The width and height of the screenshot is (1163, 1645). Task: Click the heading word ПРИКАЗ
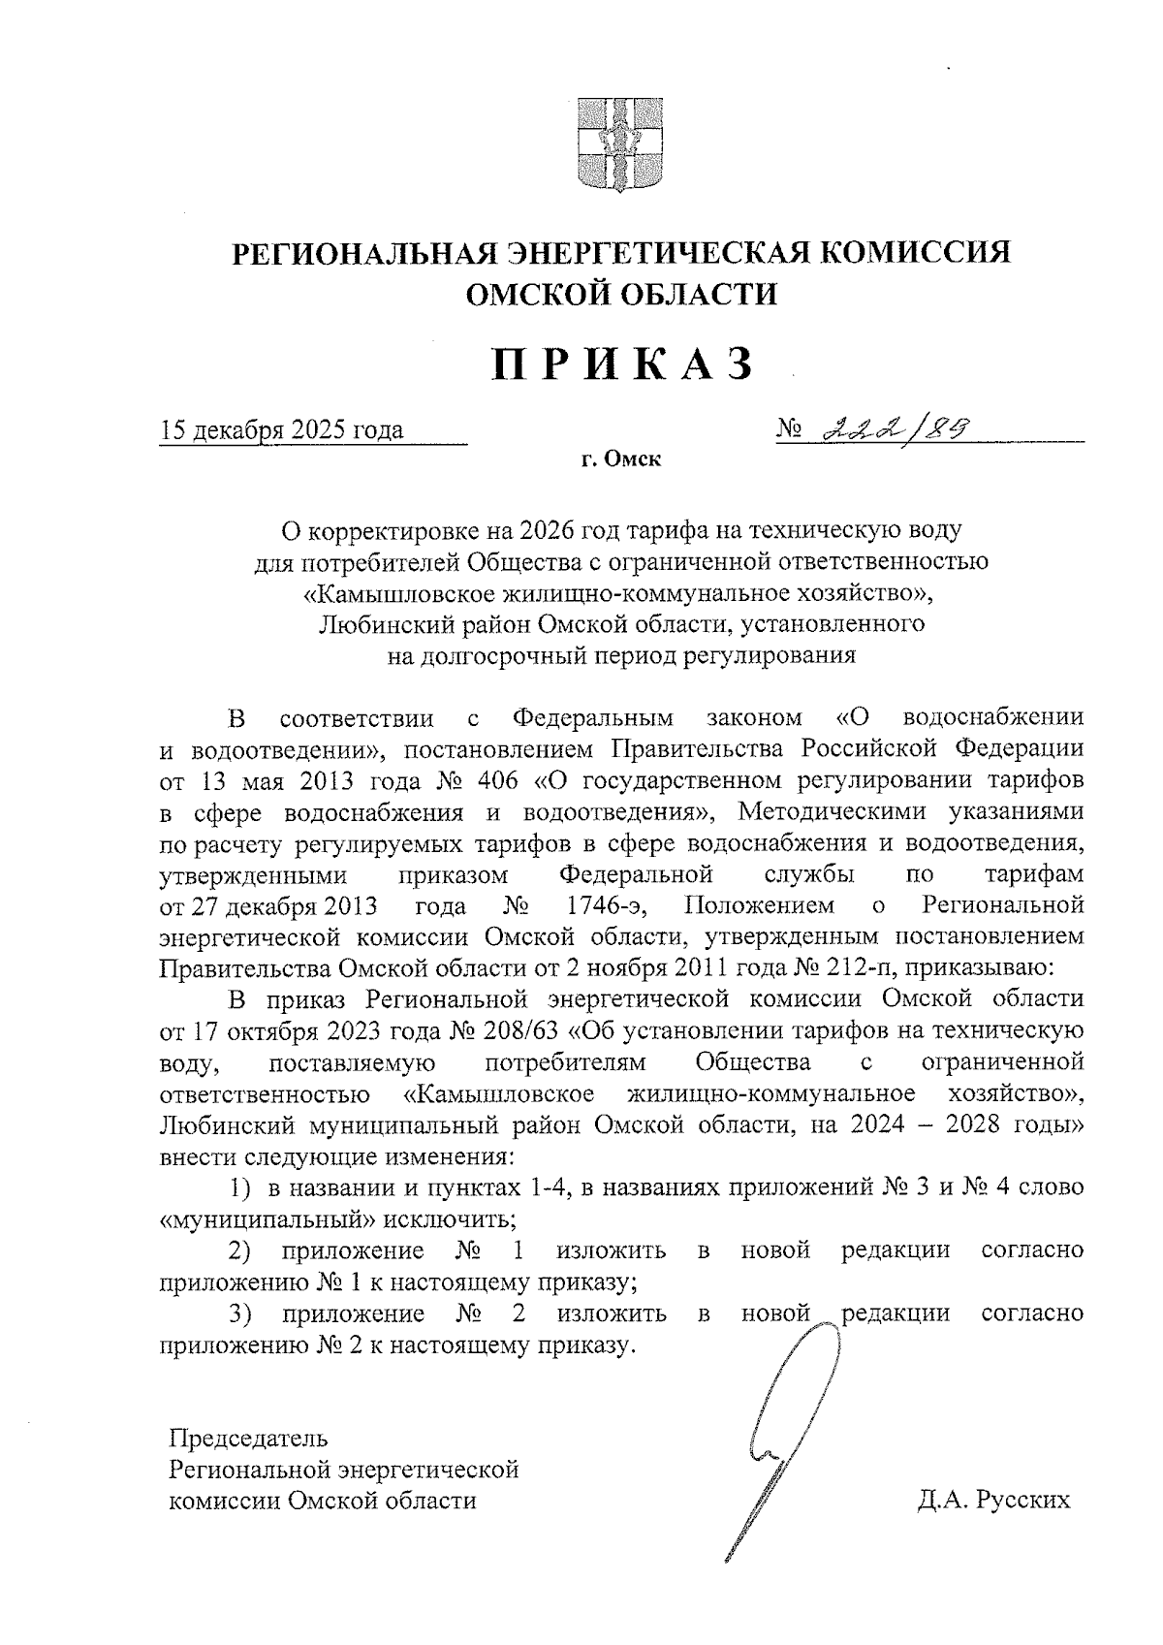(622, 365)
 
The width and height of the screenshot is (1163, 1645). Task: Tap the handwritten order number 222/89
(895, 427)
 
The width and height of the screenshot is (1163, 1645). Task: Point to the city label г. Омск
(621, 459)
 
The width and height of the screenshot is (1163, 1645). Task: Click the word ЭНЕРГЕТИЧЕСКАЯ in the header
(660, 253)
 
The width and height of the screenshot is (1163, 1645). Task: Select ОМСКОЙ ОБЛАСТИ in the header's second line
(621, 294)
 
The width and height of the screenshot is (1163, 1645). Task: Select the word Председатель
(249, 1439)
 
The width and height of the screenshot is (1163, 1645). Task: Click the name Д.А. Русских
(994, 1501)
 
